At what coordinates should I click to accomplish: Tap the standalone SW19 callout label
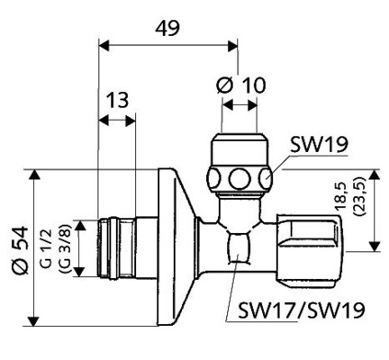click(319, 145)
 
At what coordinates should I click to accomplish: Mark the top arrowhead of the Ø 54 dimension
click(34, 172)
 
